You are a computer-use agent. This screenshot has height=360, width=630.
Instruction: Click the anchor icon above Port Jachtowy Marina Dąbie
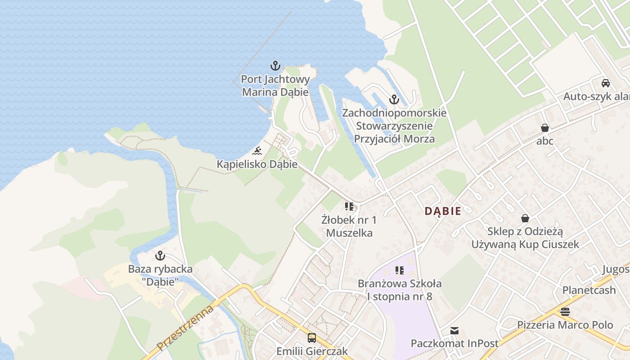coord(275,66)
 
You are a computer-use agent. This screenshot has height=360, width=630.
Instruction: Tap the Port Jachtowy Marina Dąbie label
coord(275,86)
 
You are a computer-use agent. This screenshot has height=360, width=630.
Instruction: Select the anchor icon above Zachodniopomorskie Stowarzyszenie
coord(394,99)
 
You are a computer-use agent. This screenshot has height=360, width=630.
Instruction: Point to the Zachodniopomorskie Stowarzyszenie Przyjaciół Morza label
coord(394,126)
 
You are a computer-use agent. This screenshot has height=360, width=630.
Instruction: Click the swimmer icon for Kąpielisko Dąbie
coord(257,150)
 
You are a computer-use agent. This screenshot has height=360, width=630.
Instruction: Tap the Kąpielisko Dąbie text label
coord(257,164)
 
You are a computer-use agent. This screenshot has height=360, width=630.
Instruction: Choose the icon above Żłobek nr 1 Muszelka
coord(349,207)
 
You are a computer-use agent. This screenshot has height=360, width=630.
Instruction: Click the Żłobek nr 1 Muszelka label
coord(349,226)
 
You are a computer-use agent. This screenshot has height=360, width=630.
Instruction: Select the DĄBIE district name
coord(443,211)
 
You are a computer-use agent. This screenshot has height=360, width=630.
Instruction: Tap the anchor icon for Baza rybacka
coord(160,256)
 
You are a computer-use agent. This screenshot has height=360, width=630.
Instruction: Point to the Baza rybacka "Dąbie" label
coord(160,275)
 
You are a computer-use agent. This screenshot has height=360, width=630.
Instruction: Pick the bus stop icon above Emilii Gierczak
coord(312,337)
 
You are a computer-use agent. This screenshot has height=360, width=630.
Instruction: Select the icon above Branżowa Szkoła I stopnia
coord(400,270)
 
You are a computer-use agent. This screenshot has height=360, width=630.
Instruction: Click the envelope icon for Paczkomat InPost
coord(454,331)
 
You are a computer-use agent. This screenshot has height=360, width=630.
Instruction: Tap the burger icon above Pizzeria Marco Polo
coord(565,311)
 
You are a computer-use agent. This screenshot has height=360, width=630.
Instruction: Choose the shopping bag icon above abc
coord(545,128)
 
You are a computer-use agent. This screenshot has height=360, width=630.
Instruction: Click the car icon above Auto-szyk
coord(606,83)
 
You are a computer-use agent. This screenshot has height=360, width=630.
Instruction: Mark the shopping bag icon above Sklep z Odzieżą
coord(525,218)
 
